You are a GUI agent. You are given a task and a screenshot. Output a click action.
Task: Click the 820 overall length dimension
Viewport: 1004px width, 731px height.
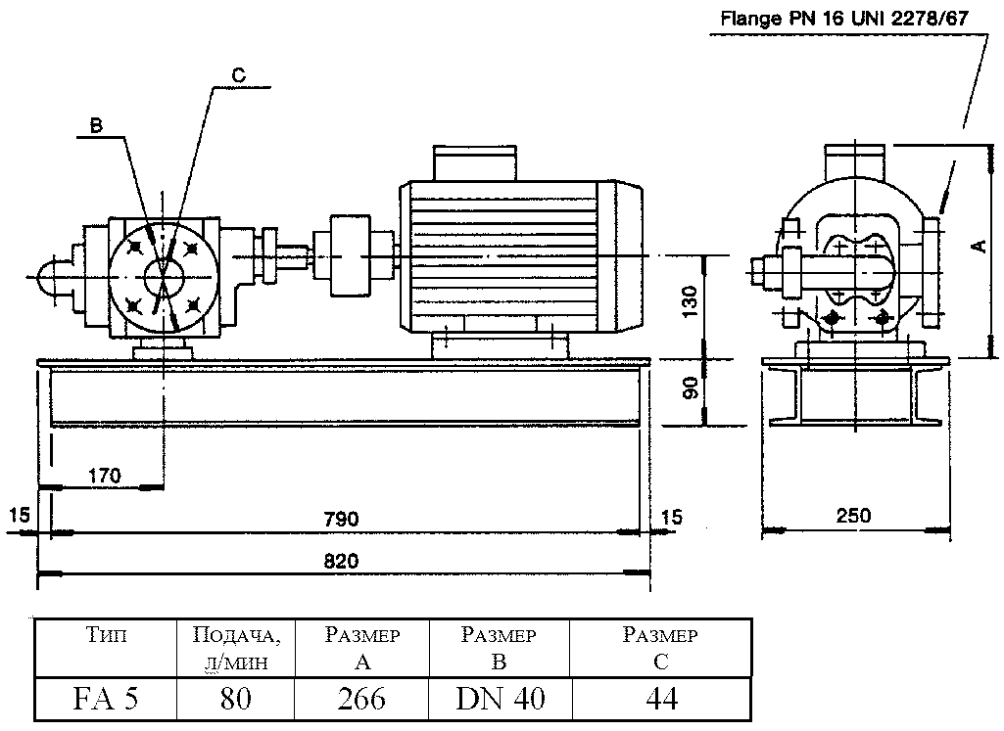[342, 561]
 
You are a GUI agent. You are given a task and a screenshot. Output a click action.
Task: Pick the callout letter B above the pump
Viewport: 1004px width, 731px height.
[96, 125]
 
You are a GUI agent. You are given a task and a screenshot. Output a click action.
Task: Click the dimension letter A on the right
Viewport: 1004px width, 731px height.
[978, 247]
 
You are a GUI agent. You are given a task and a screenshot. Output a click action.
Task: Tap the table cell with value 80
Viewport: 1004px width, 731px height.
[235, 699]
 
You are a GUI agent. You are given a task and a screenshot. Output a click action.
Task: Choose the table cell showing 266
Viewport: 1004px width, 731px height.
[361, 699]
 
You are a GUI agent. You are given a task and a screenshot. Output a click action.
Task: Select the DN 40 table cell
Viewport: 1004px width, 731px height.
[500, 699]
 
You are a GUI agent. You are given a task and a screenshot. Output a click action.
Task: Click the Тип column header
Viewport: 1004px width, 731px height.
[106, 636]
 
